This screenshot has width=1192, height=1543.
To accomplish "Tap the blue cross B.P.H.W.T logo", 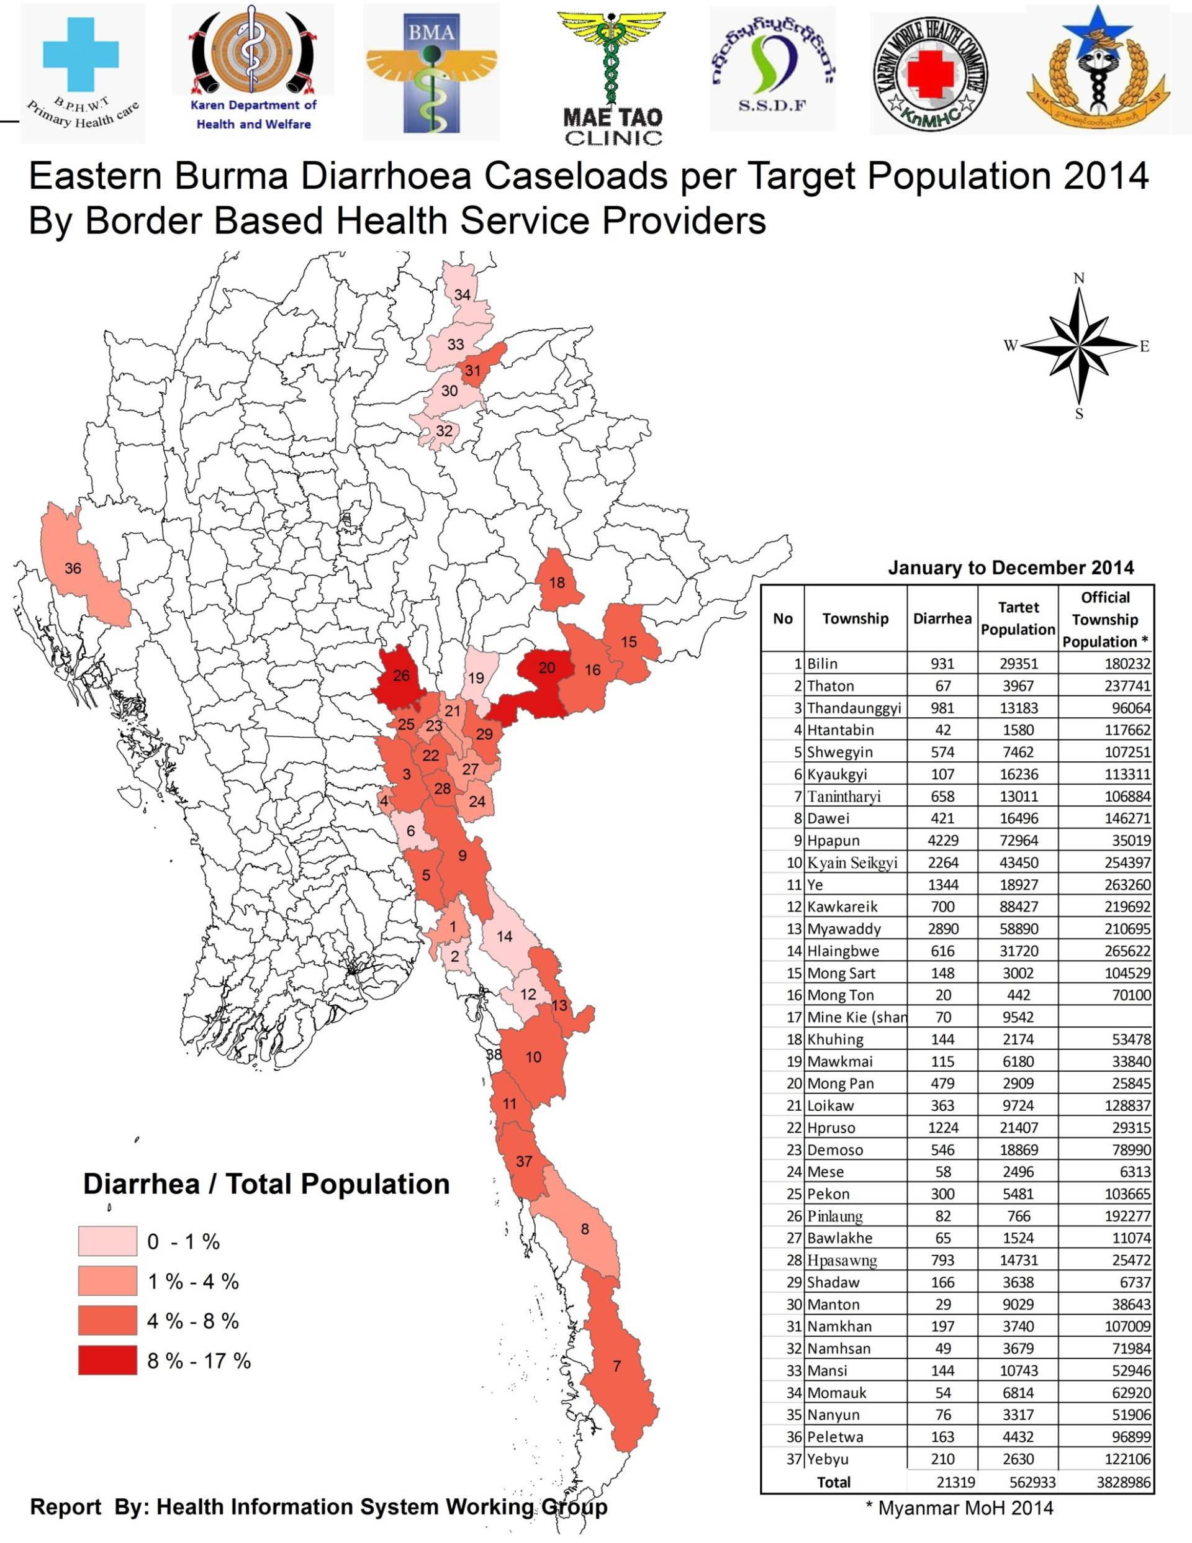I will click(82, 72).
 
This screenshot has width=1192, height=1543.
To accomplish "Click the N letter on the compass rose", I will click(1078, 278).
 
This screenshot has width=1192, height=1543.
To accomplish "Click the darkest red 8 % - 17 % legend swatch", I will click(107, 1360).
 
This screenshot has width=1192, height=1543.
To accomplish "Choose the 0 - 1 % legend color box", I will click(107, 1241).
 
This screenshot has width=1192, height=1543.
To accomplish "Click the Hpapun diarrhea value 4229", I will click(942, 841).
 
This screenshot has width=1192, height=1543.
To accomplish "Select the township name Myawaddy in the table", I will click(844, 929).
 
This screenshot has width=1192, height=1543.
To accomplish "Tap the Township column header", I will click(855, 619).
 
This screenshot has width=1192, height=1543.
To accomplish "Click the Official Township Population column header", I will click(1105, 620).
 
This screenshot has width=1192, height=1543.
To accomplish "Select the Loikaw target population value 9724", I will click(1018, 1106).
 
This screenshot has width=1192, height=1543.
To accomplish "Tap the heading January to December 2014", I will click(1011, 568).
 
